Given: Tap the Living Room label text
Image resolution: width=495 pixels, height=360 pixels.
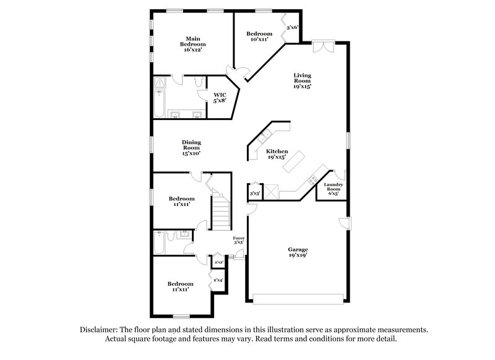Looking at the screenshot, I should point(302,81).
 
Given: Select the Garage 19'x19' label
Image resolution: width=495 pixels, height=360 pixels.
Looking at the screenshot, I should point(297,252).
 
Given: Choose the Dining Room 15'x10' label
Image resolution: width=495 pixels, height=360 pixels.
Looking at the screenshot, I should point(191,147).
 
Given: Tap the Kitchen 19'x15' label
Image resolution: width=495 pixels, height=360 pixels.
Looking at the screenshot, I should point(277,154).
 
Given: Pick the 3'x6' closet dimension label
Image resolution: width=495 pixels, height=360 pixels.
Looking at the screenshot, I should point(293,28).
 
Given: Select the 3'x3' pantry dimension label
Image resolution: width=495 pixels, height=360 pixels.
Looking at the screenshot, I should point(254,194).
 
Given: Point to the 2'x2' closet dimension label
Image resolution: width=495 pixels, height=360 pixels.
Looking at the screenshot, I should point(218,263).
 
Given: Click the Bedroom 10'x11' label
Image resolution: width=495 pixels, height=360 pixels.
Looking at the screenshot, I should point(259,36).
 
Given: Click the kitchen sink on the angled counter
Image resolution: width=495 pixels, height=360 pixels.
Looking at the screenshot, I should point(264,135).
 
